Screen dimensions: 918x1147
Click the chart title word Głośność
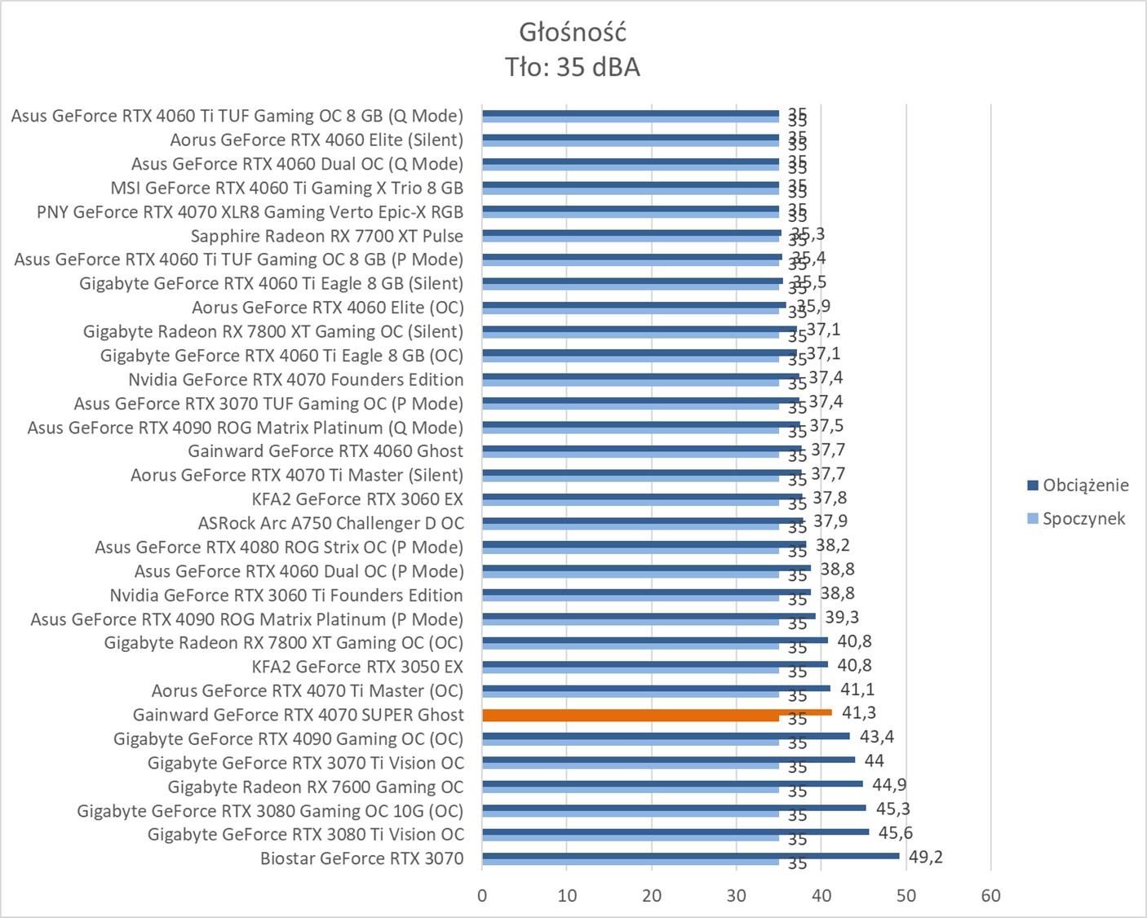tap(573, 33)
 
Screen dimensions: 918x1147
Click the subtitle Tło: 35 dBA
tap(573, 67)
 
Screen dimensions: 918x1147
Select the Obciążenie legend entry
tap(1085, 486)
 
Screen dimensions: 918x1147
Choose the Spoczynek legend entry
tap(1083, 519)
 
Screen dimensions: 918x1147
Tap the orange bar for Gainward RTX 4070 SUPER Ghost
tap(657, 712)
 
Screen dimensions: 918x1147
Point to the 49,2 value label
tap(925, 858)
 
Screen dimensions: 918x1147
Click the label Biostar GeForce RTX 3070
tap(361, 858)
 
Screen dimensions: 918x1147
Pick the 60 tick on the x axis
tap(990, 895)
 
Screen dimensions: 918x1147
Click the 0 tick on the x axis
tap(482, 895)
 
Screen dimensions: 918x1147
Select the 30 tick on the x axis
tap(737, 895)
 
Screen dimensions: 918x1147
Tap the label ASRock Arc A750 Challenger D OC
tap(330, 523)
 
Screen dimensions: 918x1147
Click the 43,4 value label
tap(876, 737)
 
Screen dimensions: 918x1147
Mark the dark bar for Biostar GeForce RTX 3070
tap(690, 856)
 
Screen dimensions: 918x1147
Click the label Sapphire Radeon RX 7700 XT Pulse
tap(326, 236)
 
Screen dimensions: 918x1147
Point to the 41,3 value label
tap(859, 713)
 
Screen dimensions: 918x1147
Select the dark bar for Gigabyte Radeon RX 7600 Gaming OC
tap(672, 784)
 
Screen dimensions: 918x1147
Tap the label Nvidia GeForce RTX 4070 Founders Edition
tap(295, 379)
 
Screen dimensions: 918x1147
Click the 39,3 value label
tap(841, 617)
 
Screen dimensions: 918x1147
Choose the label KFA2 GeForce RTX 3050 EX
tap(357, 667)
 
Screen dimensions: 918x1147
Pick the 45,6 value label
tap(895, 833)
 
